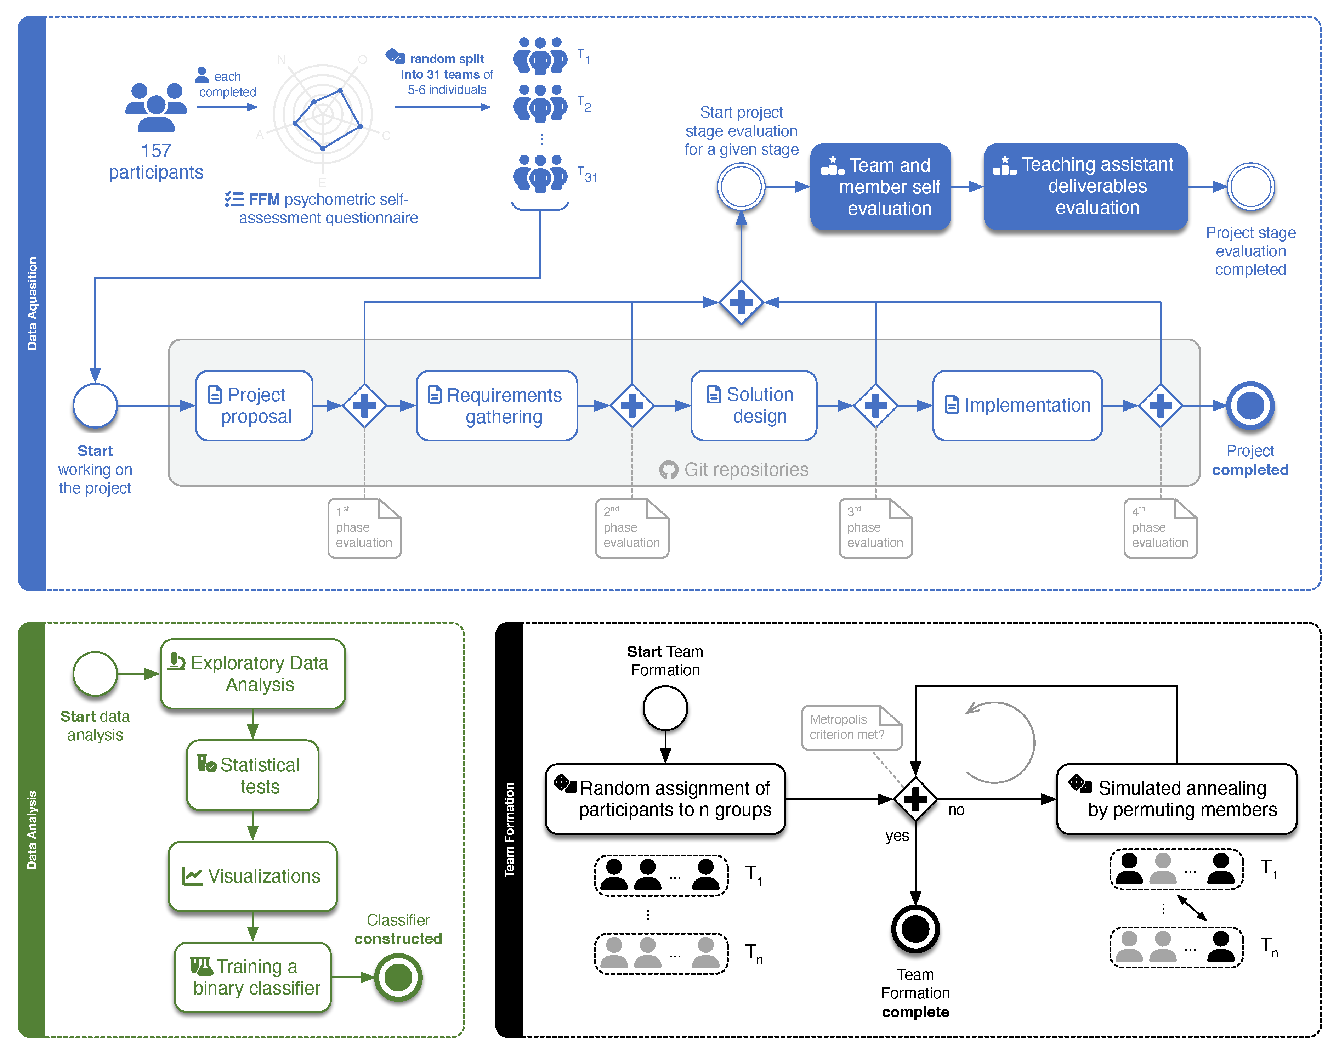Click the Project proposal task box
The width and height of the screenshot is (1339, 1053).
pos(254,406)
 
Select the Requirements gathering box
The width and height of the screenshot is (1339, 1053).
pos(497,406)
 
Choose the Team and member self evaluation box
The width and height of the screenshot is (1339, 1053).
pos(880,187)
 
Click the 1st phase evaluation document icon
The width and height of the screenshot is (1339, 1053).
pos(364,528)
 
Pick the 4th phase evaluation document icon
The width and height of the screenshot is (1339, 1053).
pos(1160,528)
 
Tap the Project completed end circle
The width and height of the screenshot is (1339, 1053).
pos(1250,406)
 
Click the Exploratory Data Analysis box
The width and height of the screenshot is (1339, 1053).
pos(253,674)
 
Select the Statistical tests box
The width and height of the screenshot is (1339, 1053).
pos(253,775)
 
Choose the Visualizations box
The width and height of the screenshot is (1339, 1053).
pos(253,876)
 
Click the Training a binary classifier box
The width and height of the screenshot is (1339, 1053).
pos(253,977)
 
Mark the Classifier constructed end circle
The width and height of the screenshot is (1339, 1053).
pos(398,977)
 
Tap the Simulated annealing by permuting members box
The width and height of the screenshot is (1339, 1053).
pos(1176,799)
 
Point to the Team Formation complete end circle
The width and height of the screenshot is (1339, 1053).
pos(915,928)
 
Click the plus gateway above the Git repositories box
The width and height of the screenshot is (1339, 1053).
pos(741,302)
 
